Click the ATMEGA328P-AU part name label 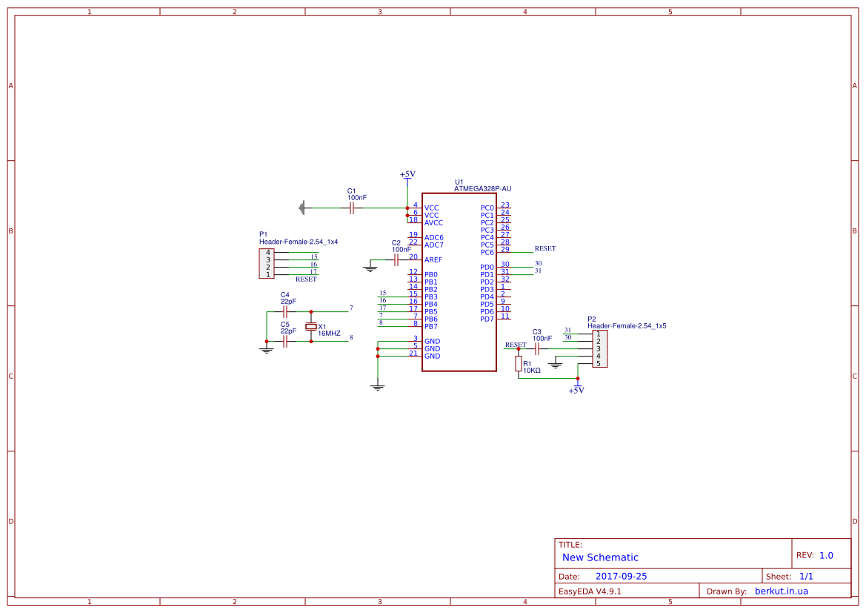point(482,189)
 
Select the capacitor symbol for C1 point(352,208)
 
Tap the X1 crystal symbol point(311,327)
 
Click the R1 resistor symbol point(519,363)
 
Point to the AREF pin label point(433,260)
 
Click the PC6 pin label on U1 point(487,253)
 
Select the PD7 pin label point(487,319)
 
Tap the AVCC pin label point(434,223)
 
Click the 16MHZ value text point(329,334)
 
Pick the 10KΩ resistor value point(532,370)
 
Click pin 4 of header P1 point(268,253)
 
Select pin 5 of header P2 point(598,363)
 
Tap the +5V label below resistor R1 point(576,391)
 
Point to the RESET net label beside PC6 point(544,249)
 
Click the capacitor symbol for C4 point(284,312)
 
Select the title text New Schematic point(600,557)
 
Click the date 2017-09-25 point(622,576)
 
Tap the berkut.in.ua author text point(781,592)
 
